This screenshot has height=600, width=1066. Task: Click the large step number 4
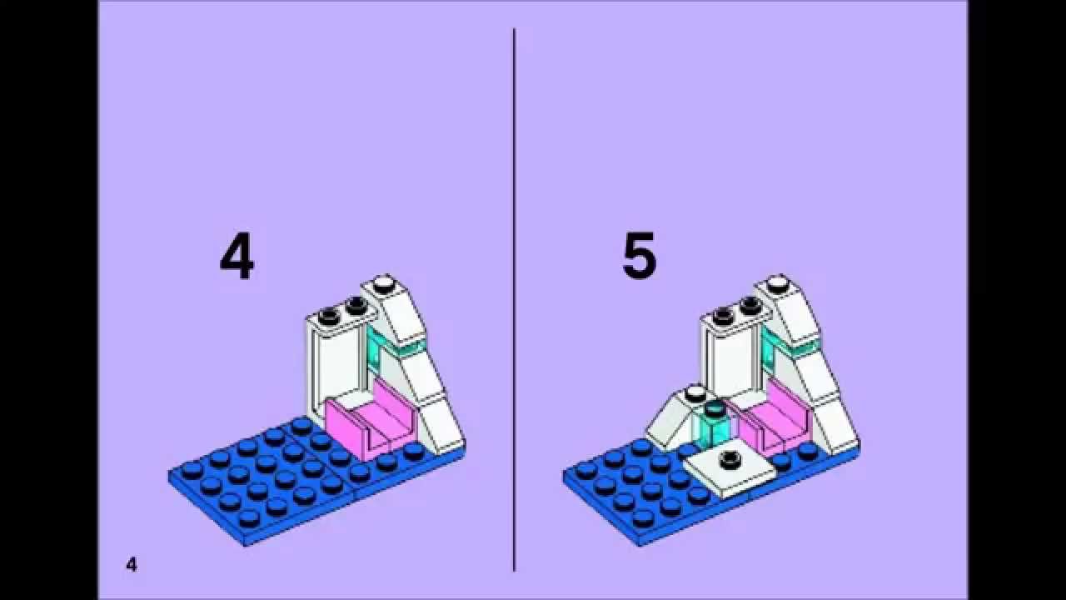point(237,258)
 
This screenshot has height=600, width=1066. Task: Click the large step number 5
point(639,255)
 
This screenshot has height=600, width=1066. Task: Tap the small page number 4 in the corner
point(132,565)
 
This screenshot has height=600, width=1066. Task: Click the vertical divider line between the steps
point(514,300)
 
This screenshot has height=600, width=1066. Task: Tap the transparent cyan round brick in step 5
point(713,426)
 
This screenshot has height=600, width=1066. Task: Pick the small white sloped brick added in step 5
point(675,419)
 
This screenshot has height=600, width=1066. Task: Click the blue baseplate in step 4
point(286,481)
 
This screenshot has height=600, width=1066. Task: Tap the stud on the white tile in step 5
point(728,459)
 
